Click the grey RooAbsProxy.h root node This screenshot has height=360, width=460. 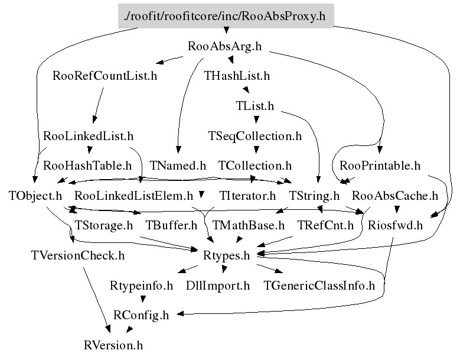click(x=226, y=15)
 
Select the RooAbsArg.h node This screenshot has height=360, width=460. click(x=224, y=46)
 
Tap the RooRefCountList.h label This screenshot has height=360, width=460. click(x=105, y=76)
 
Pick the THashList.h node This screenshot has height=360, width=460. click(x=236, y=76)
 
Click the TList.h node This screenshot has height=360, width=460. click(x=255, y=106)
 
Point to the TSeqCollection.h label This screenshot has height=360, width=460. click(x=255, y=136)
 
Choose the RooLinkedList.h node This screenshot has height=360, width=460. click(x=89, y=136)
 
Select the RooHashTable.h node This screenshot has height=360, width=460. click(x=87, y=166)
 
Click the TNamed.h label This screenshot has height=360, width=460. click(x=178, y=166)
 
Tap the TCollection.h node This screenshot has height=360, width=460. click(x=255, y=166)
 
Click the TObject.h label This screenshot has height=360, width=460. click(x=35, y=195)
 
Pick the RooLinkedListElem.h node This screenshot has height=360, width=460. click(x=134, y=195)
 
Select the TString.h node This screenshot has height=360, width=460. click(x=314, y=195)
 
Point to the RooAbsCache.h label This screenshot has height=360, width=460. click(x=395, y=195)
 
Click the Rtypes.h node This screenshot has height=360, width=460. click(x=227, y=255)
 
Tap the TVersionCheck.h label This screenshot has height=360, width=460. click(x=77, y=255)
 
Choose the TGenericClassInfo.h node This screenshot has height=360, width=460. click(x=319, y=286)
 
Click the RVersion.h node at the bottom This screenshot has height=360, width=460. click(x=113, y=345)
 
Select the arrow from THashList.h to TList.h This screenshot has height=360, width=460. click(x=246, y=90)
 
